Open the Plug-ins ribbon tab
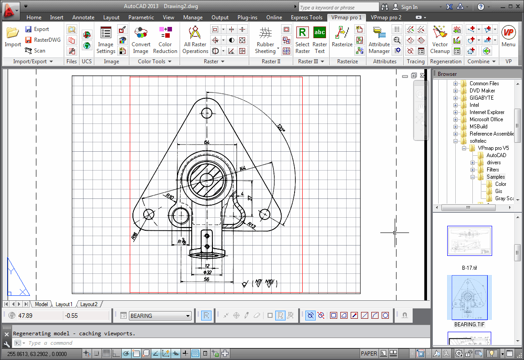[x=247, y=18]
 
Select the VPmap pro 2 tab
[x=386, y=18]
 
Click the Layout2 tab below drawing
[x=89, y=304]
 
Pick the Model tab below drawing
[x=41, y=304]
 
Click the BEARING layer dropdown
[x=160, y=316]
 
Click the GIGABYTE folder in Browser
[x=481, y=98]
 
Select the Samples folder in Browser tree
[x=496, y=177]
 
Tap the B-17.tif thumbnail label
[x=469, y=268]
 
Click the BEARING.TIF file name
[x=469, y=324]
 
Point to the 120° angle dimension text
[x=281, y=128]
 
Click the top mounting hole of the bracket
[x=207, y=113]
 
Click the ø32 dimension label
[x=207, y=272]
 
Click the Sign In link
[x=409, y=7]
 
